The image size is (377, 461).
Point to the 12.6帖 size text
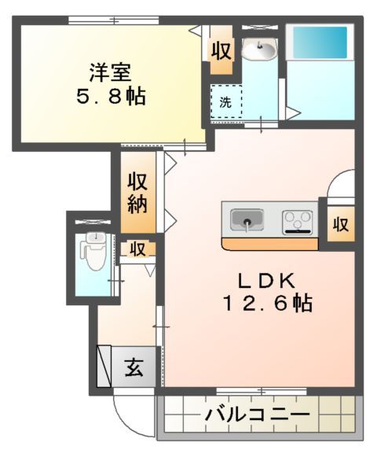coord(266,303)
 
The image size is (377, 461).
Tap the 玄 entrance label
coord(134,368)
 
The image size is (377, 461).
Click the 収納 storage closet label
coord(140,193)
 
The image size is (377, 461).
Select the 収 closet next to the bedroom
coord(221,52)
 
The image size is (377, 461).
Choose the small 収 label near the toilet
coord(137,249)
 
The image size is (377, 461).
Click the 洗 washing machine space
coord(225,101)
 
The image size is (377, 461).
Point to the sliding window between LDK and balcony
coord(259,391)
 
